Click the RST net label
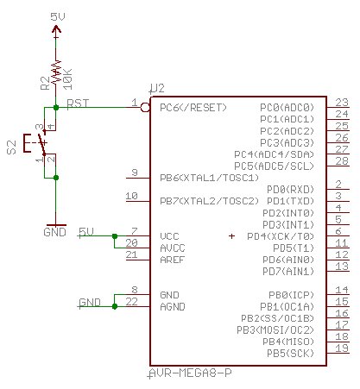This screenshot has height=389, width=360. [x=78, y=104]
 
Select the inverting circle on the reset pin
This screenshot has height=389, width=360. [x=145, y=108]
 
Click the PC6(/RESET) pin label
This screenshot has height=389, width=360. [x=193, y=108]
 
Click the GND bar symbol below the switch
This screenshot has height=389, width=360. [x=56, y=225]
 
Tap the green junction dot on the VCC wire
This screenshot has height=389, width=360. [x=115, y=236]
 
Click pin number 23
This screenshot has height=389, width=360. [x=342, y=103]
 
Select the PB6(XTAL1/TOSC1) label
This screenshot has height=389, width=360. [x=209, y=178]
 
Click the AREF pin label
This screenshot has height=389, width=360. [x=172, y=260]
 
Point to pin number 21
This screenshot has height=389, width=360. [x=131, y=254]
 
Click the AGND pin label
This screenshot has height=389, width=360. [x=173, y=307]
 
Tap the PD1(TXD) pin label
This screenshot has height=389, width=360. [x=290, y=201]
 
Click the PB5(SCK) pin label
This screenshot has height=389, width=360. [x=290, y=353]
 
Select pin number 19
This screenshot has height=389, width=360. [x=342, y=348]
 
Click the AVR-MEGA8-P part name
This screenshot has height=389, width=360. [x=191, y=373]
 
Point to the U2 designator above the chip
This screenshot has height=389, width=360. [x=158, y=88]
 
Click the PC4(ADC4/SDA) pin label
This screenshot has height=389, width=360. [x=274, y=154]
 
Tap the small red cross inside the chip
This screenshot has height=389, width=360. [x=231, y=236]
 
